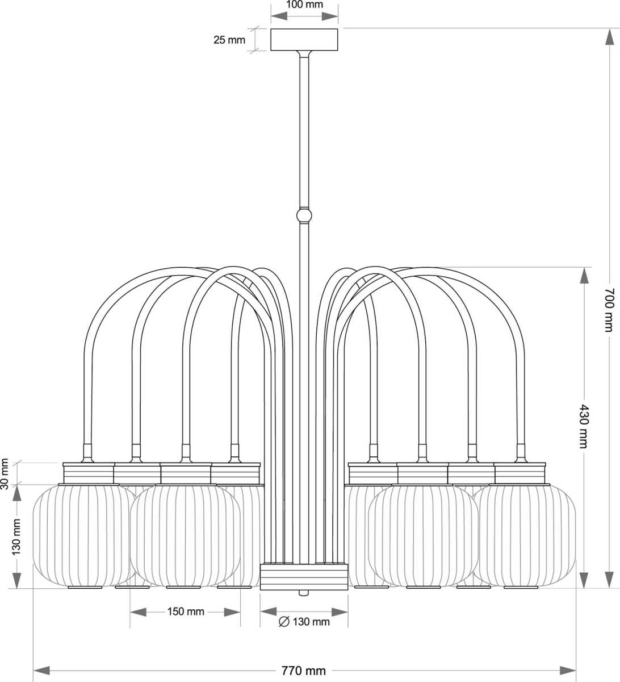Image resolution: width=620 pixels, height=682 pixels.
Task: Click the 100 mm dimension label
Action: tap(304, 5)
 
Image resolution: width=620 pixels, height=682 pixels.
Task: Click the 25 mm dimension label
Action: tap(229, 40)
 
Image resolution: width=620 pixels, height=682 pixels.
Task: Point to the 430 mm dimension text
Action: tap(583, 426)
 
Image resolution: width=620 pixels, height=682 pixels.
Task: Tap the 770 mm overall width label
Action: tap(304, 671)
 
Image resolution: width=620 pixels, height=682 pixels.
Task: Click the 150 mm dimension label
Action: tap(186, 612)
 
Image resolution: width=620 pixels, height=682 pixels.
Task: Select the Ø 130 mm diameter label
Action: tap(304, 622)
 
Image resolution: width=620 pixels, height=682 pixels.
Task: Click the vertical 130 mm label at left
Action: tap(17, 537)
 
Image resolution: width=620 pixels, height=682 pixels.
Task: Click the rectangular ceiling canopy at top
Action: tap(304, 40)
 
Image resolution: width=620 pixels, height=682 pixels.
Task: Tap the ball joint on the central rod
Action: tap(304, 215)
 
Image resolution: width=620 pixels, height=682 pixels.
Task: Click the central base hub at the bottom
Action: tap(304, 577)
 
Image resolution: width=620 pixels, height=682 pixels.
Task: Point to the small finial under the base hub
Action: tap(304, 593)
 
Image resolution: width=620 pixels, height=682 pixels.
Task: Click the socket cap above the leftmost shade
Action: tap(89, 472)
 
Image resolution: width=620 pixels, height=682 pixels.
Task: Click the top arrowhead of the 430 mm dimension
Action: tap(583, 275)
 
